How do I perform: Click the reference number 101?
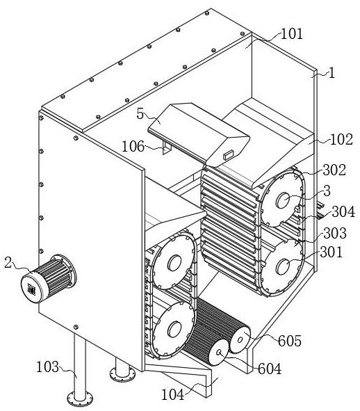pyautogui.click(x=291, y=34)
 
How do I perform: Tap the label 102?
pyautogui.click(x=341, y=140)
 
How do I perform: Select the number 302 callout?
pyautogui.click(x=334, y=170)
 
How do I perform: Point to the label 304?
pyautogui.click(x=343, y=211)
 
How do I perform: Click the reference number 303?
pyautogui.click(x=335, y=233)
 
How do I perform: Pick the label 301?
pyautogui.click(x=332, y=252)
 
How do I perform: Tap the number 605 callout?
pyautogui.click(x=290, y=341)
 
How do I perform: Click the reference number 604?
pyautogui.click(x=270, y=369)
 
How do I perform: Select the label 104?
pyautogui.click(x=172, y=394)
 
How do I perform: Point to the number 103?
pyautogui.click(x=47, y=366)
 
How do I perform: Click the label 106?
pyautogui.click(x=133, y=146)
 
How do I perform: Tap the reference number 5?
pyautogui.click(x=140, y=114)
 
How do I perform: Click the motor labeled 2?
pyautogui.click(x=49, y=278)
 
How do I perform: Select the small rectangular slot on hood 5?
pyautogui.click(x=229, y=154)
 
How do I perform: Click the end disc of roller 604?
pyautogui.click(x=219, y=353)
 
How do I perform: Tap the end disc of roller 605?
pyautogui.click(x=240, y=339)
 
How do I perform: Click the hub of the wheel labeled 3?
pyautogui.click(x=284, y=200)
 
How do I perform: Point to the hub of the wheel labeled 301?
pyautogui.click(x=283, y=267)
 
